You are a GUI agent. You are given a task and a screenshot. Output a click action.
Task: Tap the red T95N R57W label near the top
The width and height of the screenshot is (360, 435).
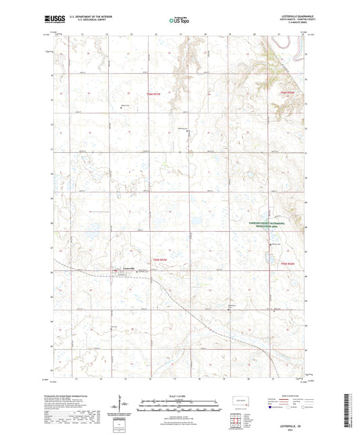coord(155,93)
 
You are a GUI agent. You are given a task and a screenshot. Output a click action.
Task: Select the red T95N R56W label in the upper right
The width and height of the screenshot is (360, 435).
coord(288,91)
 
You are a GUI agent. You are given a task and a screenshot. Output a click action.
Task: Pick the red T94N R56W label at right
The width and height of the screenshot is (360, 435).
coord(288,263)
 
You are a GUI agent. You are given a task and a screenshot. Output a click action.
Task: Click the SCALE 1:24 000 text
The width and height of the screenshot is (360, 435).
coord(180,395)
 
